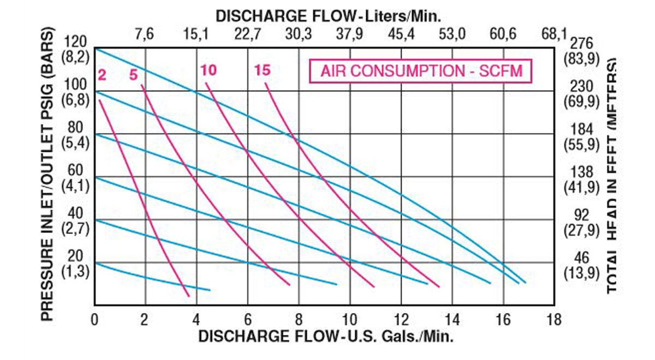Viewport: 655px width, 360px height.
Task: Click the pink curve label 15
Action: (262, 70)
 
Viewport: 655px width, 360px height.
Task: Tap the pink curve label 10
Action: (208, 70)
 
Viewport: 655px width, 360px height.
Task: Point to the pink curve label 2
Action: (102, 74)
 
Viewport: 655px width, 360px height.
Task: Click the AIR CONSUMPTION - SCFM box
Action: (420, 71)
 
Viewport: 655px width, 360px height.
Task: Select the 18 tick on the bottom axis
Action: (553, 320)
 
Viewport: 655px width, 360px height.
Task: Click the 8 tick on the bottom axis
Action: (299, 320)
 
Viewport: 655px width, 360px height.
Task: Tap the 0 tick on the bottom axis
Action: (95, 320)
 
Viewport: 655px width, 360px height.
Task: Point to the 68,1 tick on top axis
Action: (553, 34)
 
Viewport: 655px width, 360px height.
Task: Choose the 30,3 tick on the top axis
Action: (299, 34)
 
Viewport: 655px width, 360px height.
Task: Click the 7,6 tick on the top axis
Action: (145, 34)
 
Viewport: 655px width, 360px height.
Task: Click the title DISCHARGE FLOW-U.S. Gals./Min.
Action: (325, 336)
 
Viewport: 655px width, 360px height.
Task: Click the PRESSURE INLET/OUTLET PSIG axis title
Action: (49, 175)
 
